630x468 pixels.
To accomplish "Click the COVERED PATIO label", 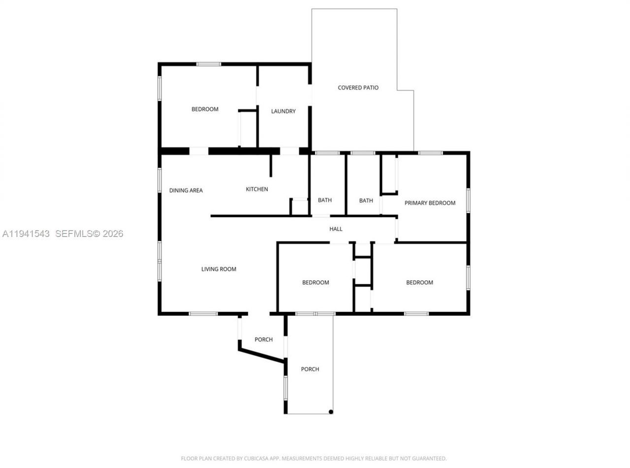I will click(x=358, y=88).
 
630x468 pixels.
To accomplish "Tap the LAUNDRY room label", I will click(x=283, y=111).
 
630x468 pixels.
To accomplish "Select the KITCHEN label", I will click(x=257, y=189).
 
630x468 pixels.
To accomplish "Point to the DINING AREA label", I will click(x=186, y=191).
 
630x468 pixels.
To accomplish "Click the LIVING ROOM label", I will click(x=219, y=269).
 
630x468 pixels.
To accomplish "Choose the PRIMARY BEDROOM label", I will click(x=430, y=203).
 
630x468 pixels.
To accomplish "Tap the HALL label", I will click(x=336, y=229).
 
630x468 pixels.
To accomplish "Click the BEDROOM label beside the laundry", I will click(x=205, y=109).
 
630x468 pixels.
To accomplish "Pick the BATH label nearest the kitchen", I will click(x=325, y=200).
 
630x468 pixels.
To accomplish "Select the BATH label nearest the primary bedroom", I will click(x=366, y=201).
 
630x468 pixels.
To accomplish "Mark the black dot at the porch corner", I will click(x=331, y=412).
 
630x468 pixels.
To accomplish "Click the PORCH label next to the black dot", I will click(x=310, y=369).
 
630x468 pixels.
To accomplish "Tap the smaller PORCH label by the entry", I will click(x=264, y=339).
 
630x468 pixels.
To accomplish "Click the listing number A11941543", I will click(x=26, y=234).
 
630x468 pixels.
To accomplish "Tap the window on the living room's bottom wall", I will click(x=203, y=313).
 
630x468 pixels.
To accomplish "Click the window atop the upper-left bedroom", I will click(x=209, y=64).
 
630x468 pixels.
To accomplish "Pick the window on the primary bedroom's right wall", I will click(x=468, y=200).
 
